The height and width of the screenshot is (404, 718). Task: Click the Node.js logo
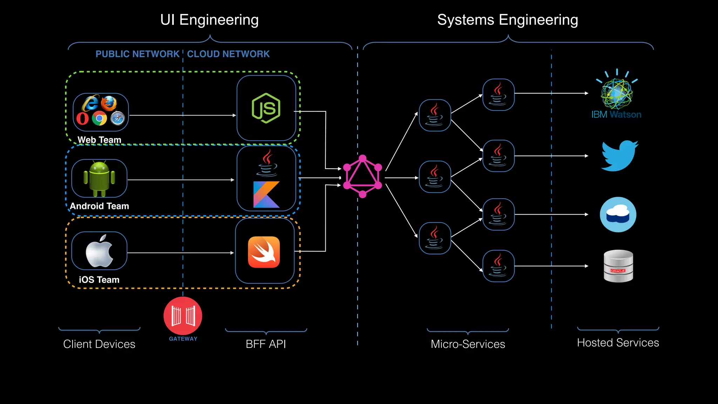[266, 108]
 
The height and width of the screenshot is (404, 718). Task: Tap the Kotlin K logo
[266, 195]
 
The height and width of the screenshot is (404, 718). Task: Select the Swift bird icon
[264, 252]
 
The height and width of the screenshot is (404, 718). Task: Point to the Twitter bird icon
[619, 156]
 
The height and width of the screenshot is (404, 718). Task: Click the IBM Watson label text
[616, 115]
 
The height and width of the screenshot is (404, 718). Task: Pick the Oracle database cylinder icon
[618, 266]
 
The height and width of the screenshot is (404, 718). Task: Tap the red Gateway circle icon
[183, 316]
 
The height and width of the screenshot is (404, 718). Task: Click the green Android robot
[99, 179]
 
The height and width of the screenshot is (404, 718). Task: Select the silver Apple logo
[99, 251]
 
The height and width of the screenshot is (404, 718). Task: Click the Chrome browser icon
[99, 119]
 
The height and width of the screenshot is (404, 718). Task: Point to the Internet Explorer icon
[90, 103]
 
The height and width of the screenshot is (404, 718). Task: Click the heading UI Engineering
[209, 20]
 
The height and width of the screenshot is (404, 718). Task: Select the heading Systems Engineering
[507, 20]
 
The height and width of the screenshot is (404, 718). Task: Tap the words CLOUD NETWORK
[228, 54]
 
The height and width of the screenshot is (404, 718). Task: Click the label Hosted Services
[618, 343]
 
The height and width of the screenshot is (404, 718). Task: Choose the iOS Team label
[99, 280]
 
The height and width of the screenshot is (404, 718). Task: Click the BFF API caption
[266, 344]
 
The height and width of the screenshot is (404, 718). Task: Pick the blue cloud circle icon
[618, 214]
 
